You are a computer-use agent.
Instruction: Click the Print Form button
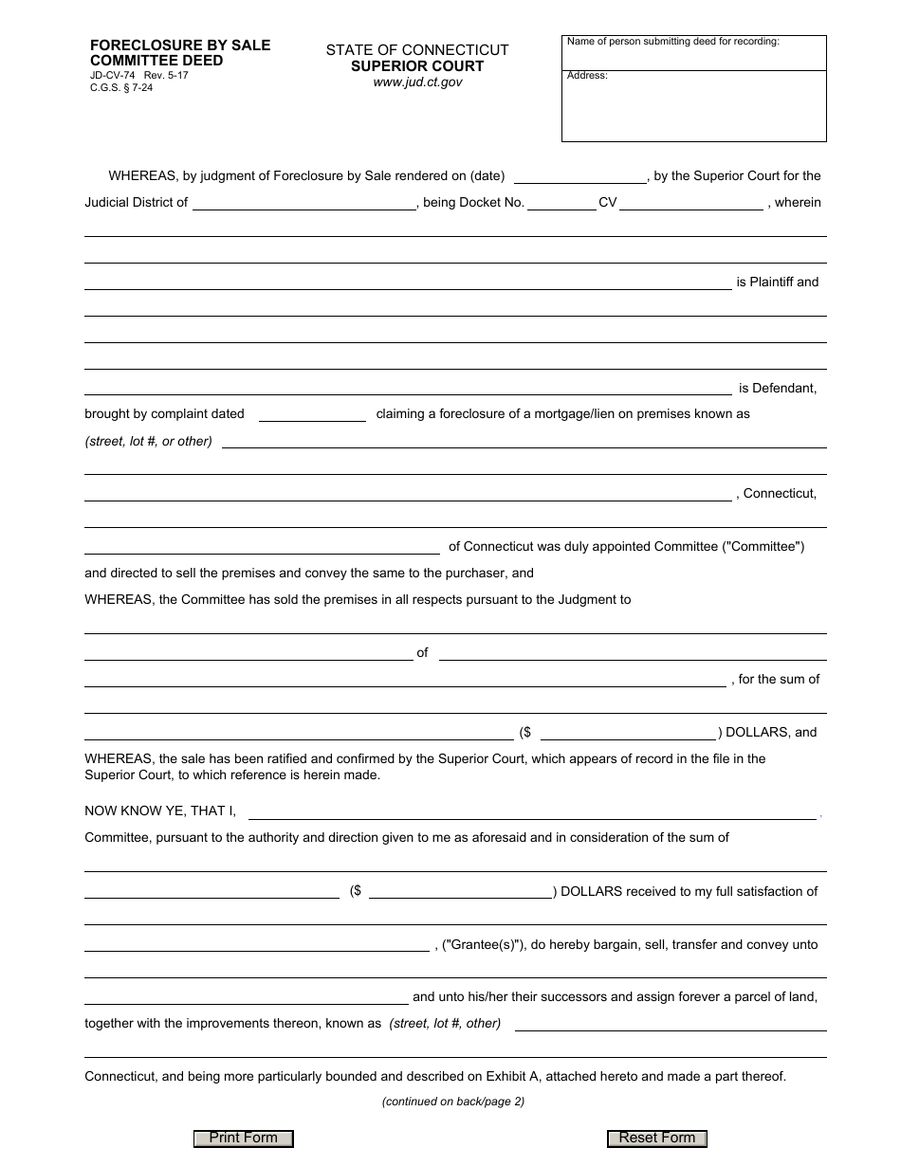243,1139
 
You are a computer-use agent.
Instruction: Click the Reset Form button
656,1139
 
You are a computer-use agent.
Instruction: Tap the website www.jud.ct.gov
417,82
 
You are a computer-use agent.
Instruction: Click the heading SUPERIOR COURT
417,66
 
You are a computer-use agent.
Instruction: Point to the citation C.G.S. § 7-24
121,87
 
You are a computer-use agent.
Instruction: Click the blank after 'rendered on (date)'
579,175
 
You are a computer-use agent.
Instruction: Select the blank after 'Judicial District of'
303,202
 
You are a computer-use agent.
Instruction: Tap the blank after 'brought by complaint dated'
312,414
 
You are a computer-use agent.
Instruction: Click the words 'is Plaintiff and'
777,282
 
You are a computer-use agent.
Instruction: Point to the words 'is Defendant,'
778,389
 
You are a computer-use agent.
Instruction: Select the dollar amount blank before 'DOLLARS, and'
628,733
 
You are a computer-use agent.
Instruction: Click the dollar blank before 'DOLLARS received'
461,892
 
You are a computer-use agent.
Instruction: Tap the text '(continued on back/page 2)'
453,1102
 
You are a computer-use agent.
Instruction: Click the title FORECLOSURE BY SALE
180,46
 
